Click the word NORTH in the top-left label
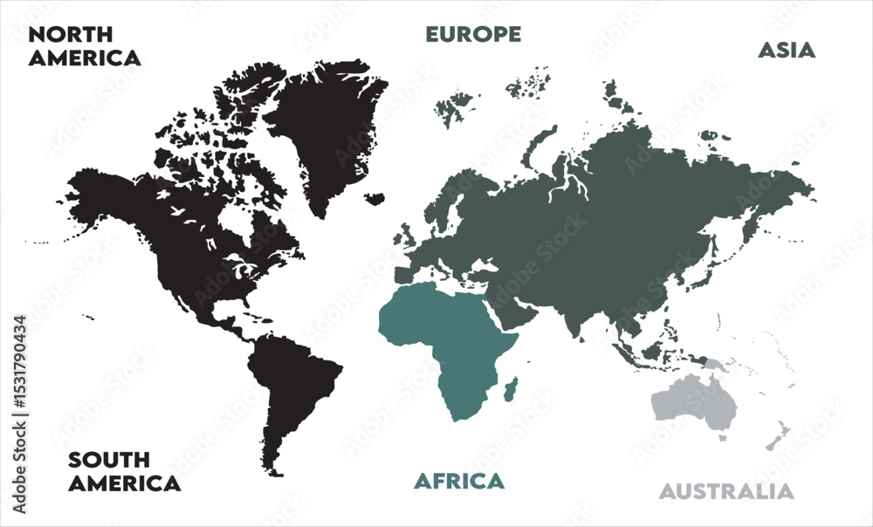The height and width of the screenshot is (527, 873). (70, 35)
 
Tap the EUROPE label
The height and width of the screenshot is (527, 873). (473, 35)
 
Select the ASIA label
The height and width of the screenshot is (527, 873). (786, 51)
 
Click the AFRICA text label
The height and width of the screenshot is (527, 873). (458, 481)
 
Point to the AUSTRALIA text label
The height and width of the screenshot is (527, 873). (726, 491)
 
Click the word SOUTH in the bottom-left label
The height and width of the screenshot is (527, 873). (109, 460)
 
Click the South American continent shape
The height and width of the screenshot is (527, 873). (292, 384)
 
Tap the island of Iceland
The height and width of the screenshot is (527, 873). (375, 199)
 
